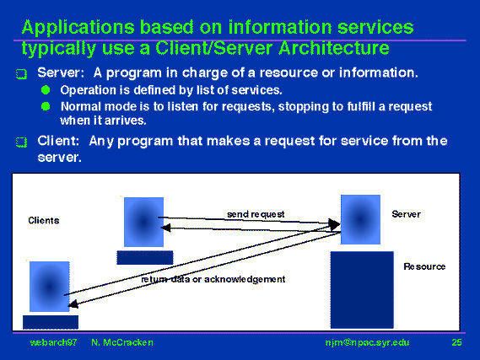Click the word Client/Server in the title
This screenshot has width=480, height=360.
(214, 48)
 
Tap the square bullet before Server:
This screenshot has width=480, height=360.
(21, 74)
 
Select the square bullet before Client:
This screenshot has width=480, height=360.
(21, 142)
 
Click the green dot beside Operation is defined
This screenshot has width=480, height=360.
(46, 90)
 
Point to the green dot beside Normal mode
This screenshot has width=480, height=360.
(46, 106)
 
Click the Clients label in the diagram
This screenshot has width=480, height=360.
(44, 221)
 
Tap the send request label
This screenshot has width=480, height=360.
(256, 214)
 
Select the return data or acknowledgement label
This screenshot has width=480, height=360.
(213, 279)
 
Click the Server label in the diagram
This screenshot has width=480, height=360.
(407, 214)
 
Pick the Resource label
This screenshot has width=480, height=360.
(424, 266)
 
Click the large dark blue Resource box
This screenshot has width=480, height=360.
(362, 290)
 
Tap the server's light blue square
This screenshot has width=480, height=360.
(360, 219)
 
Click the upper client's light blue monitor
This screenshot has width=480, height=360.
(143, 222)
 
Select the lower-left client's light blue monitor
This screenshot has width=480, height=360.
(50, 287)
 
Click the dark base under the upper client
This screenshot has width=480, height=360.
(145, 257)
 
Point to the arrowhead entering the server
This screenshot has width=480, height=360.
(334, 224)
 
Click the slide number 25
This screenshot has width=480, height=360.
(456, 342)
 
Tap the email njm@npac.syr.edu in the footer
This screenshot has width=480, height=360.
(367, 342)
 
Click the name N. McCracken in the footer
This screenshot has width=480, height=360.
(122, 342)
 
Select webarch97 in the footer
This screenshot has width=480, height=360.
(54, 342)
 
